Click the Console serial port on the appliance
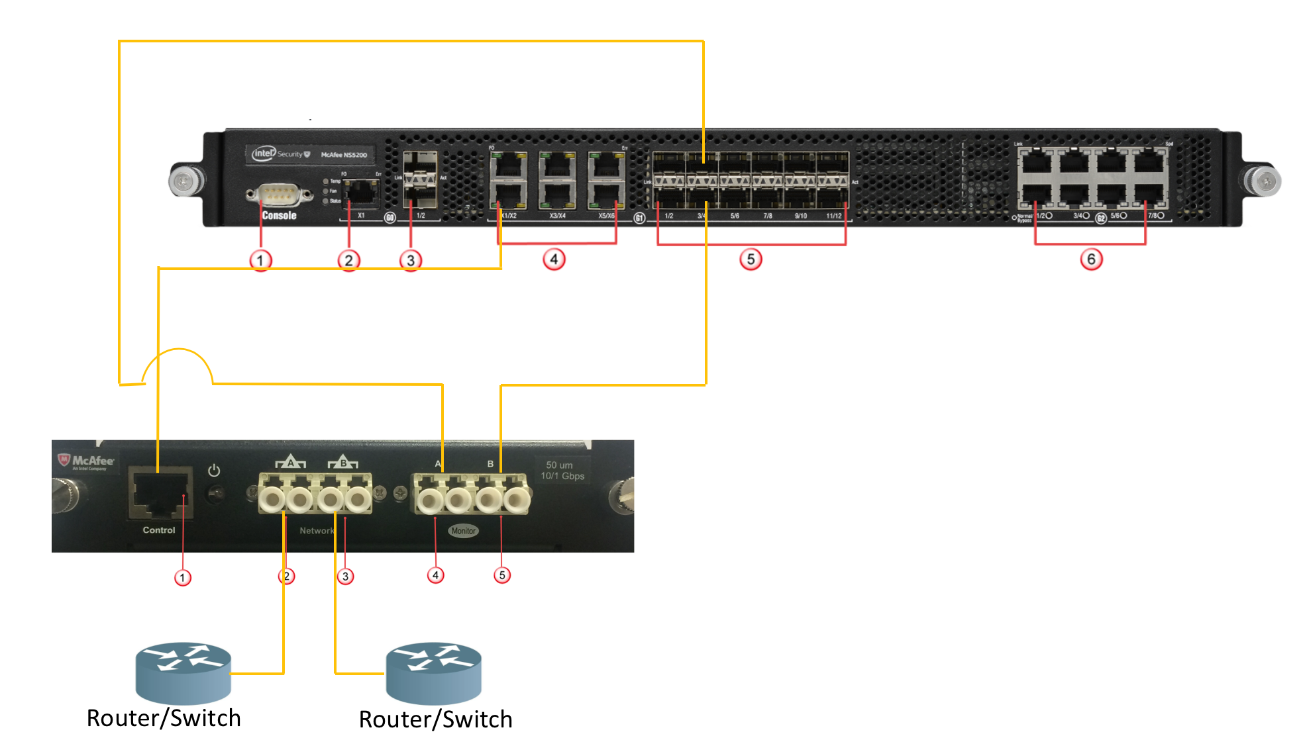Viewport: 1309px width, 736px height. tap(279, 195)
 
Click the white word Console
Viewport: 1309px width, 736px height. tap(279, 216)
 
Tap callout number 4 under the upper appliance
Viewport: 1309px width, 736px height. tap(554, 259)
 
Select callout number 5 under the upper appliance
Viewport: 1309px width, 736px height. tap(751, 259)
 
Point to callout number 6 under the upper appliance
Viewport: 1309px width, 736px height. tap(1091, 259)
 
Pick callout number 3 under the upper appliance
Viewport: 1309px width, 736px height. tap(411, 260)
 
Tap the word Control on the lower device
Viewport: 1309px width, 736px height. tap(159, 530)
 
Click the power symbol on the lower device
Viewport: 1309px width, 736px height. tap(214, 471)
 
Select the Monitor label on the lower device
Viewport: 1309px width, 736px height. tap(463, 531)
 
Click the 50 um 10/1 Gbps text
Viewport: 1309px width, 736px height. tap(562, 471)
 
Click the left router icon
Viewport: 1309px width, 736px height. tap(183, 672)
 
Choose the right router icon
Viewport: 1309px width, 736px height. tap(434, 672)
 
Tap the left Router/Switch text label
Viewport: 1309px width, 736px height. tap(164, 718)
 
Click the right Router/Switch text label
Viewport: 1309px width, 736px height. tap(435, 719)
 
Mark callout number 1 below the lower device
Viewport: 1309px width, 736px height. tap(183, 578)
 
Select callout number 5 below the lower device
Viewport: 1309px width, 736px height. tap(502, 575)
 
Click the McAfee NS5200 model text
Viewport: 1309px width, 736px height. tap(344, 155)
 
